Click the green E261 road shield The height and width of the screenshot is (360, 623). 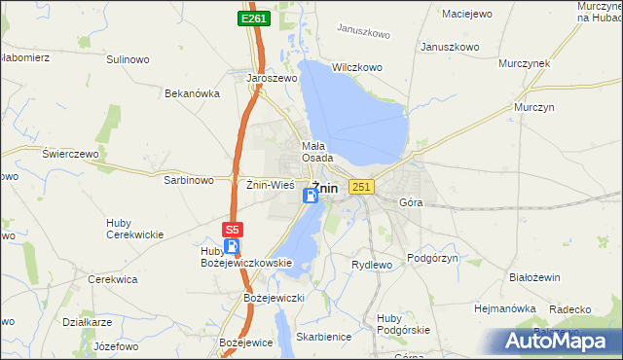[x=254, y=18]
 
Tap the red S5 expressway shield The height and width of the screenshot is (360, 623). [x=231, y=230]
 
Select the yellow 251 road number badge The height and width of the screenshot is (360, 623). [x=361, y=187]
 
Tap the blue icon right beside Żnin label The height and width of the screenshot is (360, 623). [x=310, y=196]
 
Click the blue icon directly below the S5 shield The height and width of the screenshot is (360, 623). [x=231, y=246]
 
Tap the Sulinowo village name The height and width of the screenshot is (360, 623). [x=128, y=59]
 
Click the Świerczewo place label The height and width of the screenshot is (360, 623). [x=71, y=154]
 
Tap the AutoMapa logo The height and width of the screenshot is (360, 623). [x=560, y=341]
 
